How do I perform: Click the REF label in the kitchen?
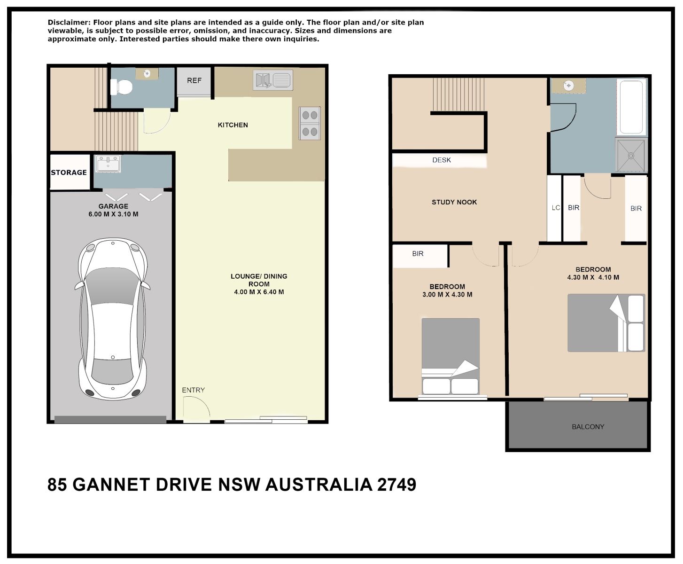tap(194, 80)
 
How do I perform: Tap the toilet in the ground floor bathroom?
tap(121, 87)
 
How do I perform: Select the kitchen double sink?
tap(273, 80)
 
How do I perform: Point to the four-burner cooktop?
tap(310, 124)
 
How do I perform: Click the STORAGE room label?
tap(69, 172)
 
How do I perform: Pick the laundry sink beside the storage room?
tap(108, 164)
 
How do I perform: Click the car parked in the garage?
tap(113, 319)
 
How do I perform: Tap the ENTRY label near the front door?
tap(194, 390)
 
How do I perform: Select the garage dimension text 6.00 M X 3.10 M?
tap(113, 214)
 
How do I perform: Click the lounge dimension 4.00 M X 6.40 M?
tap(259, 292)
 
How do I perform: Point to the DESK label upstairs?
tap(442, 160)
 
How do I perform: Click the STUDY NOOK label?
tap(454, 202)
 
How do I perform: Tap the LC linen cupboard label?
tap(556, 208)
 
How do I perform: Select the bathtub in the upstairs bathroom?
tap(631, 107)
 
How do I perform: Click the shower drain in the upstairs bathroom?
tap(631, 156)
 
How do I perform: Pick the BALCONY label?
tap(588, 427)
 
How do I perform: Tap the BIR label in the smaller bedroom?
tap(418, 254)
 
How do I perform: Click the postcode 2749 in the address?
tap(396, 485)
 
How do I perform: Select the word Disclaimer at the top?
tap(69, 23)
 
